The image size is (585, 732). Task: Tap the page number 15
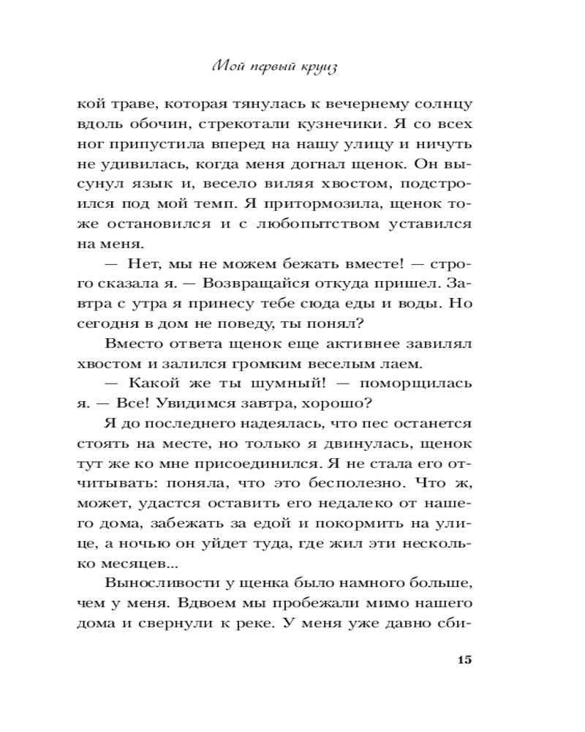coord(464,660)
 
